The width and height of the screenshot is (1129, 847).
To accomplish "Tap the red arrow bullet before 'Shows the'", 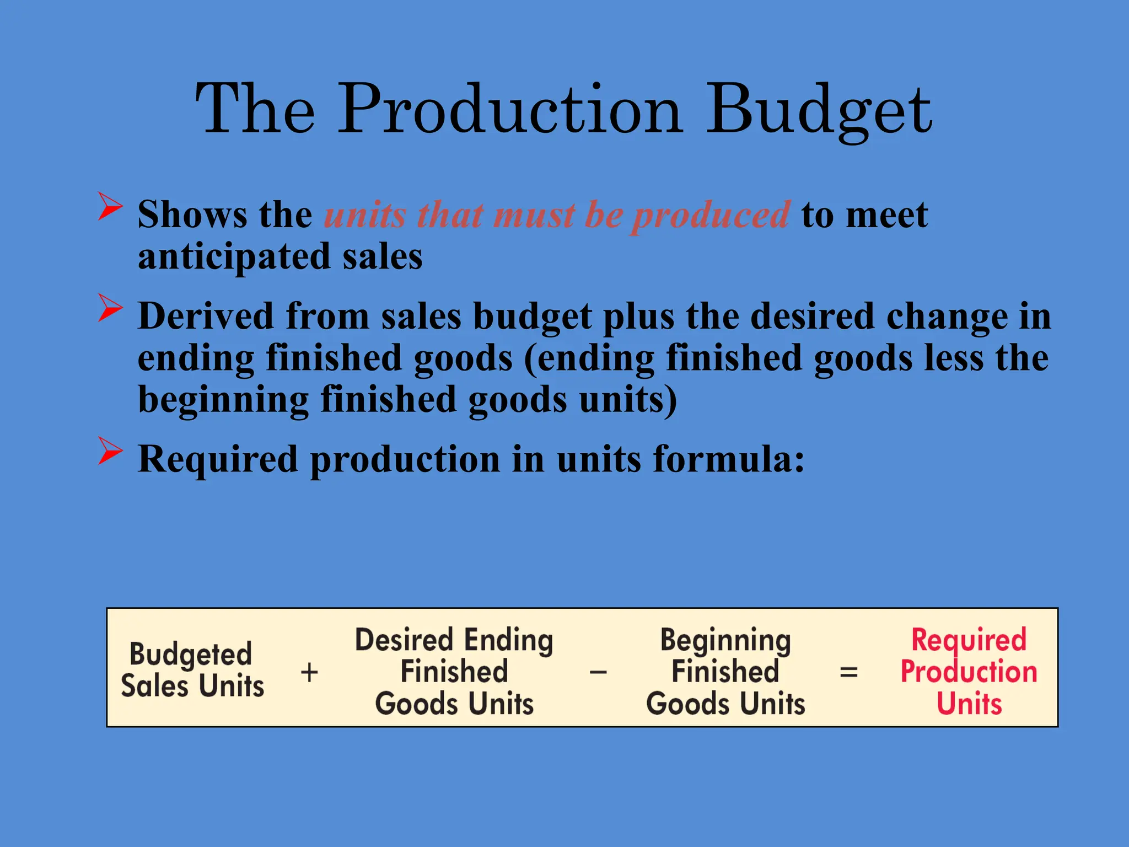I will click(x=110, y=206).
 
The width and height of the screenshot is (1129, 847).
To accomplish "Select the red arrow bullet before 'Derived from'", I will click(x=110, y=308).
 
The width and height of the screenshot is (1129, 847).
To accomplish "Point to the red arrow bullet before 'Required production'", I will click(x=110, y=451).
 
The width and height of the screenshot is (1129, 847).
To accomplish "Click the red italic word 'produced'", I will click(x=710, y=215).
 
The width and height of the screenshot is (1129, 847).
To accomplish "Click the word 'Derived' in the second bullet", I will click(x=206, y=317).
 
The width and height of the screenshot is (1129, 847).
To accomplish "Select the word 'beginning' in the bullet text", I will click(x=223, y=400).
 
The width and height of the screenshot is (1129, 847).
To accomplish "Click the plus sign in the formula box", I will click(x=309, y=672).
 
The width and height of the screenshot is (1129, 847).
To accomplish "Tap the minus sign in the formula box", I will click(x=598, y=672).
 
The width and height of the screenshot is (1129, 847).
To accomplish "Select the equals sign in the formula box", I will click(x=848, y=672).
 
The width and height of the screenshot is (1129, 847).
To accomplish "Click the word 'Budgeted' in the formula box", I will click(x=191, y=655).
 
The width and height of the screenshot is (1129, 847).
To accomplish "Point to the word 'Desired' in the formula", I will click(x=404, y=641).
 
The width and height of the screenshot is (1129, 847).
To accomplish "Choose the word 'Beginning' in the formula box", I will click(x=725, y=641).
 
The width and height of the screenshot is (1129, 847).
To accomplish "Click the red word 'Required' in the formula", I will click(x=969, y=641).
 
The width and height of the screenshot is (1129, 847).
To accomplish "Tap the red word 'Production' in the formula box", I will click(x=969, y=672).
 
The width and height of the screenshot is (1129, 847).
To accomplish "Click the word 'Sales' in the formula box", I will click(x=155, y=687).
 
